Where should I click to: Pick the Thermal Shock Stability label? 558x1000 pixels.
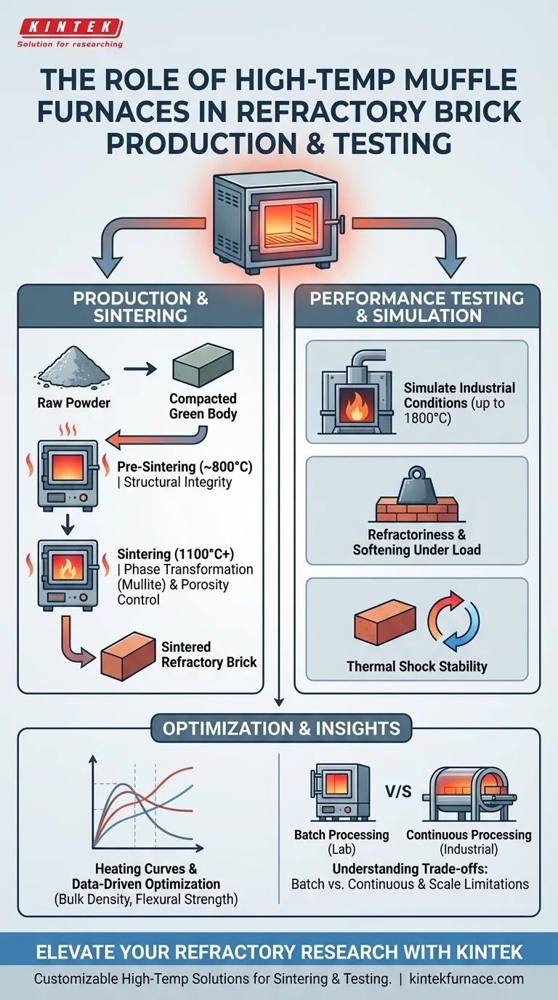click(x=416, y=666)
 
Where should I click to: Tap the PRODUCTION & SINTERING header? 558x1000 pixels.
click(x=140, y=307)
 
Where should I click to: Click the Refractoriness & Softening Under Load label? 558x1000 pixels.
click(x=416, y=542)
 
